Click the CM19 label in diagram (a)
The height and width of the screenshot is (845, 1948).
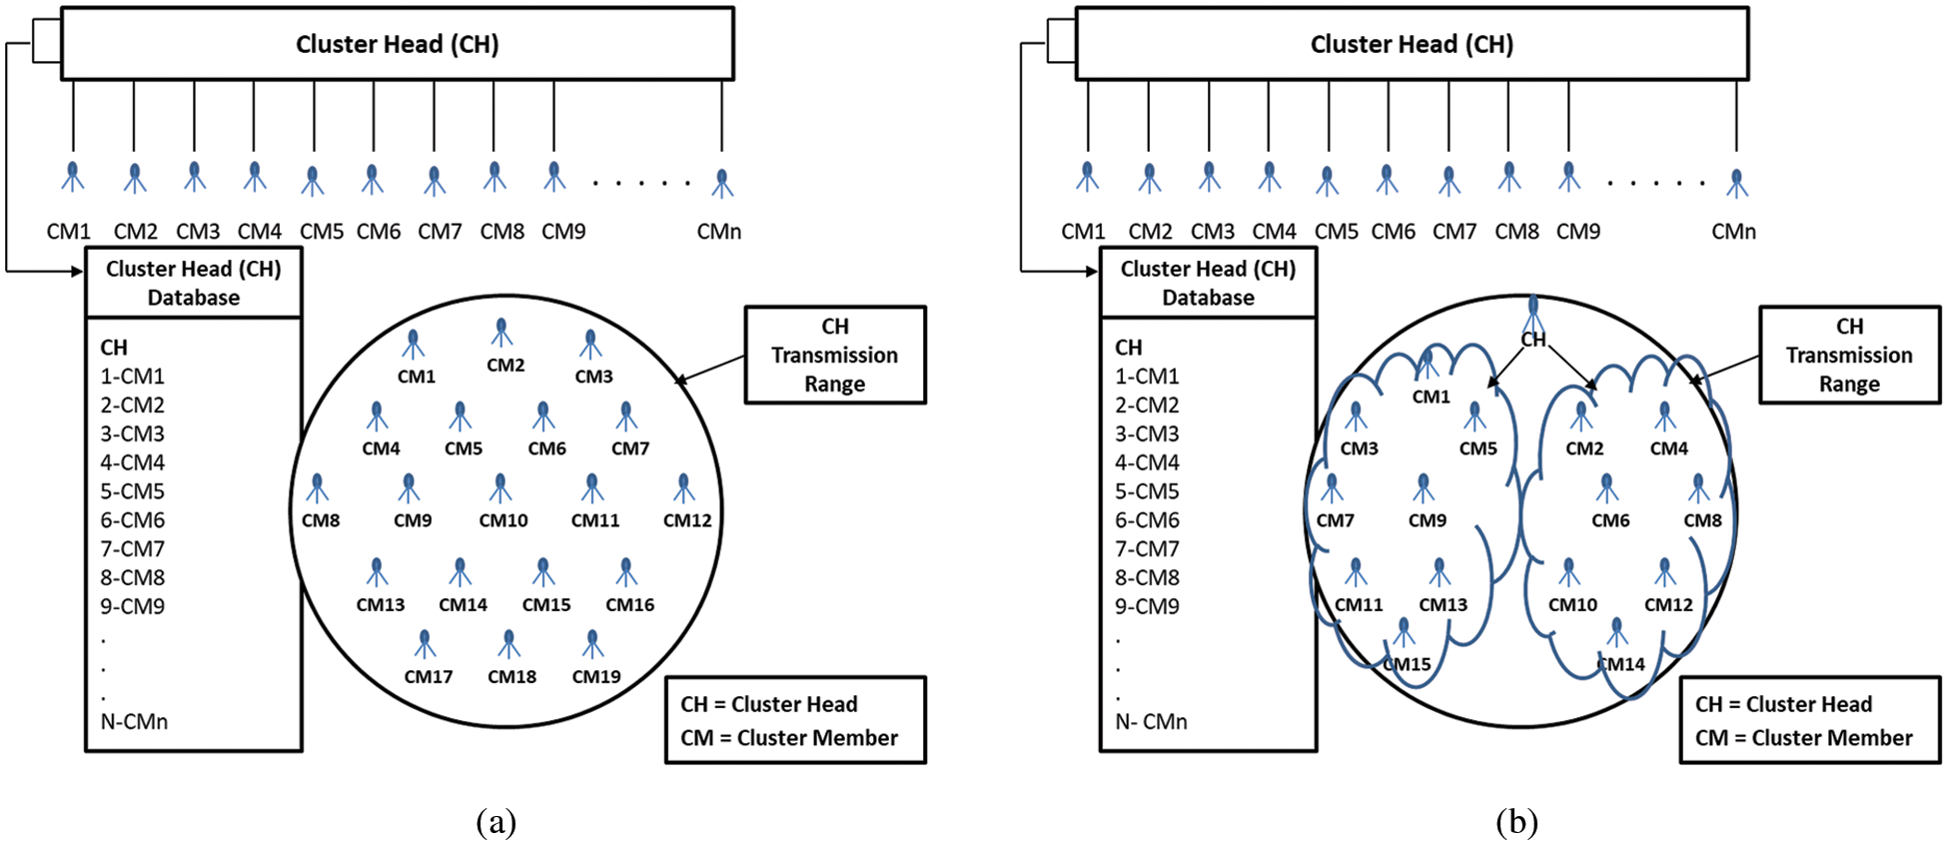pyautogui.click(x=596, y=676)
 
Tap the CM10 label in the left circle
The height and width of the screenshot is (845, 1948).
pyautogui.click(x=503, y=520)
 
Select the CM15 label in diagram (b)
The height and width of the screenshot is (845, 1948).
pyautogui.click(x=1409, y=664)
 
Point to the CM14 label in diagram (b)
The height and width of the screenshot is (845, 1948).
pyautogui.click(x=1622, y=664)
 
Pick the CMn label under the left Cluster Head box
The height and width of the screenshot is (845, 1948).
pyautogui.click(x=719, y=232)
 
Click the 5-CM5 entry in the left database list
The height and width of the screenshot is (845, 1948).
pyautogui.click(x=132, y=491)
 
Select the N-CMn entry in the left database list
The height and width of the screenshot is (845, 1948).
pyautogui.click(x=134, y=721)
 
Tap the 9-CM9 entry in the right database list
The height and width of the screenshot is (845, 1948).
pyautogui.click(x=1147, y=606)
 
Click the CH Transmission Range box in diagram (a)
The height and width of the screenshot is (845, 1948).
pyautogui.click(x=835, y=356)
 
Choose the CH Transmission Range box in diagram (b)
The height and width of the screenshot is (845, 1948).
pyautogui.click(x=1849, y=356)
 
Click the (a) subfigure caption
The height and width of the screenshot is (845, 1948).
pyautogui.click(x=496, y=822)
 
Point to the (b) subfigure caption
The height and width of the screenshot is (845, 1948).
pyautogui.click(x=1516, y=822)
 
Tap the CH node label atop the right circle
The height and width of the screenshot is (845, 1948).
pyautogui.click(x=1533, y=340)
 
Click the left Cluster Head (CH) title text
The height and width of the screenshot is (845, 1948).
pyautogui.click(x=398, y=44)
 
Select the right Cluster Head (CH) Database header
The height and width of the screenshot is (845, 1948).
pyautogui.click(x=1208, y=284)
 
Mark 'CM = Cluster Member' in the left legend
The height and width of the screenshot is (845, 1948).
pyautogui.click(x=789, y=738)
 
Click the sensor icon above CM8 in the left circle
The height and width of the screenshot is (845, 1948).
pyautogui.click(x=318, y=488)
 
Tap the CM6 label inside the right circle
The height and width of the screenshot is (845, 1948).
pyautogui.click(x=1610, y=520)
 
